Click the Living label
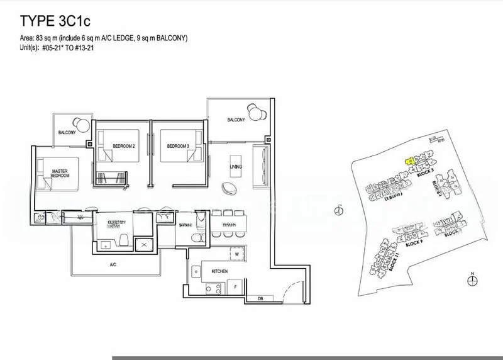pos(236,166)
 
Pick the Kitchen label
pos(219,271)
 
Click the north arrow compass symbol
pos(472,279)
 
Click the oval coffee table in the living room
pos(235,188)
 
